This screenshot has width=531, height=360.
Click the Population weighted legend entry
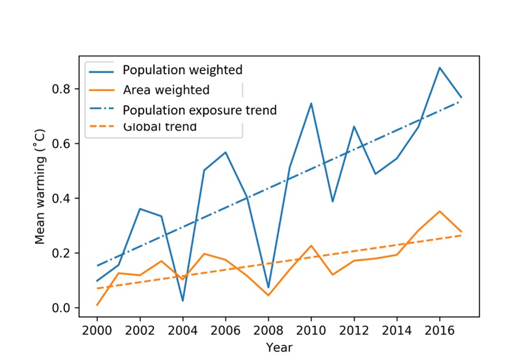tap(182, 70)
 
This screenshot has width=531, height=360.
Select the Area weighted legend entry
tap(166, 90)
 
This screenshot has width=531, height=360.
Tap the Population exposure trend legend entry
tap(199, 109)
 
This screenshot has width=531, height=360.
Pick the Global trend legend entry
tap(160, 127)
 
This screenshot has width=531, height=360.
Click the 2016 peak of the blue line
tap(440, 67)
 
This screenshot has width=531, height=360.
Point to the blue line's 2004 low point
tap(183, 301)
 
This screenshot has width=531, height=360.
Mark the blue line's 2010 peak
tap(311, 104)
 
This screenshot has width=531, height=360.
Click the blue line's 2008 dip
tap(268, 287)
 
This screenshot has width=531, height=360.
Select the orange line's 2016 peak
tap(440, 211)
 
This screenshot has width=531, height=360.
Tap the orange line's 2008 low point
tap(268, 296)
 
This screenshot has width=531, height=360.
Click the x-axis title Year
tap(279, 347)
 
